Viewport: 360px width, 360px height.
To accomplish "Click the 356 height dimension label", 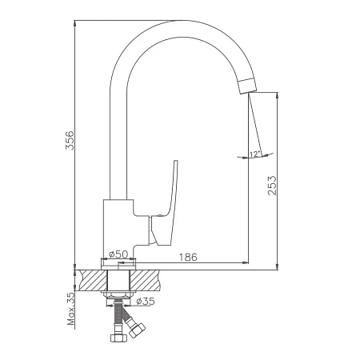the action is coord(70,140).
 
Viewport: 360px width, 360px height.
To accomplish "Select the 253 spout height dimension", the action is coord(272,186).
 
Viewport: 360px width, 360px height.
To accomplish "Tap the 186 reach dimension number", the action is coord(188,257).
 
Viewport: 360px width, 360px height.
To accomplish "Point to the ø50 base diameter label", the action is coord(118,254).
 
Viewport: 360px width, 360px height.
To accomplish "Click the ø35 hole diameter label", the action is coord(145,302).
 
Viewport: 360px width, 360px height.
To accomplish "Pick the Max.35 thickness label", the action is coord(71,308).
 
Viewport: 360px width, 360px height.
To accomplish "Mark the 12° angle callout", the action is coord(255,154).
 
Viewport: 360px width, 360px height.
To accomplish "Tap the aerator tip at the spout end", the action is coord(248,86).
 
